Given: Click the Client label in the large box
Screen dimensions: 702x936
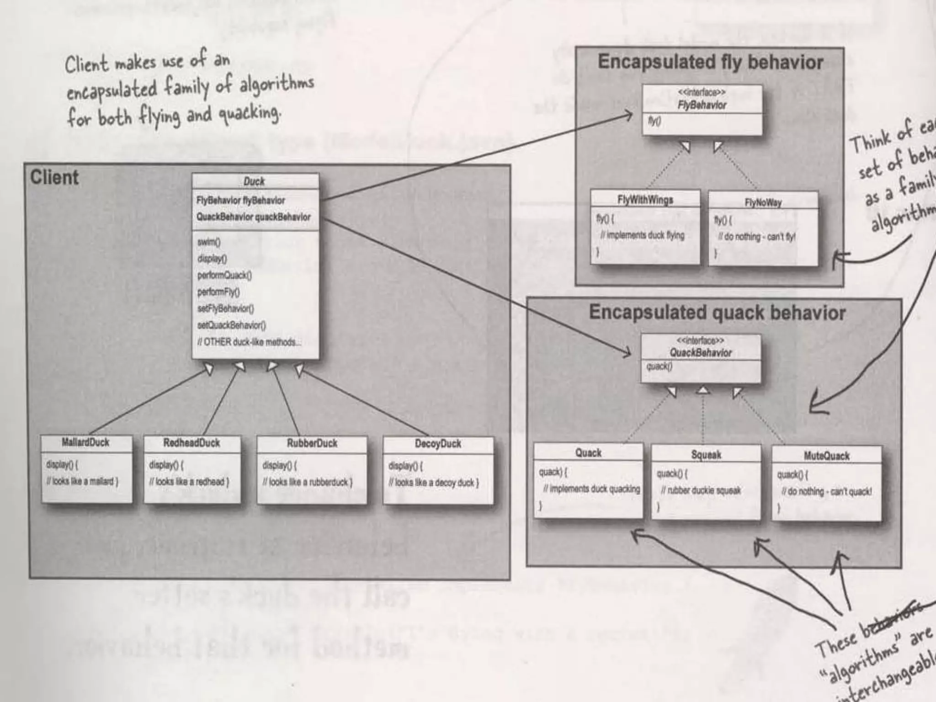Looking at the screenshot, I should [54, 177].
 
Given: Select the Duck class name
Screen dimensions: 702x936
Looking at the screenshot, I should [254, 181].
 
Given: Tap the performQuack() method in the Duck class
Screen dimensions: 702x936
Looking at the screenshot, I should [224, 275].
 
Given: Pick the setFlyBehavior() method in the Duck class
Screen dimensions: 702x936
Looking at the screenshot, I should [225, 308].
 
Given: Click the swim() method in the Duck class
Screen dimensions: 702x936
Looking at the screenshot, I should [209, 242].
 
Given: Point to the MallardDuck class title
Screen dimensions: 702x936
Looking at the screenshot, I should [85, 442].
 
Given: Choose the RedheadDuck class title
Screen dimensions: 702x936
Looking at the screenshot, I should [191, 443].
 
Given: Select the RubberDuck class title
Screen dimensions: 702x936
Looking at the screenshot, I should [312, 443].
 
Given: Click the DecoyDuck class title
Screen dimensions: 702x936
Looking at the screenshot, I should [438, 444].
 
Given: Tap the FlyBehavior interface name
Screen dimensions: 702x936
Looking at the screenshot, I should [702, 105].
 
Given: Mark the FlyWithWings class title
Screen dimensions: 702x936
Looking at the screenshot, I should [645, 200].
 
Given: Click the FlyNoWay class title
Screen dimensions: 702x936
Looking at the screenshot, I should [763, 202].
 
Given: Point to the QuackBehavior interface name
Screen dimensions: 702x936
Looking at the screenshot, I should [701, 353].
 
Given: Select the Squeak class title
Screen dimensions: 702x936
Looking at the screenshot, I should [706, 455].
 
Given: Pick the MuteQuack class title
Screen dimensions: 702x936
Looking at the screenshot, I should [826, 456].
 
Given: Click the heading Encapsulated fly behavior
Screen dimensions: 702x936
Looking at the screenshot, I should [710, 62].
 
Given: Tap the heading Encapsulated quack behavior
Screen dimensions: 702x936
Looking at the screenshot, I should [717, 313].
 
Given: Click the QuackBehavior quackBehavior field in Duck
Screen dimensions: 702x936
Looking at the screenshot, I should [253, 217].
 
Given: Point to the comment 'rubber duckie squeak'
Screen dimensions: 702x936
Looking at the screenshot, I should [704, 490].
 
